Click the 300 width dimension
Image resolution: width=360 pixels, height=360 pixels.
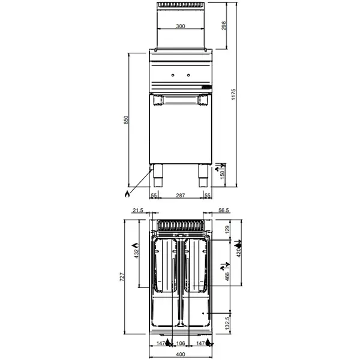(180, 26)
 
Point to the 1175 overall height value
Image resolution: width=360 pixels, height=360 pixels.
(235, 94)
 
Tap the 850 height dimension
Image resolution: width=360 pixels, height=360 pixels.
(126, 119)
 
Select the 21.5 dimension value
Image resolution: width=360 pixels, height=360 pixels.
(137, 210)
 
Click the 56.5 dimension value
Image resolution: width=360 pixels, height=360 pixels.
(224, 210)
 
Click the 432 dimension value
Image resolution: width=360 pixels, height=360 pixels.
(136, 255)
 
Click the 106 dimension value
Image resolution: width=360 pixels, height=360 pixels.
(180, 344)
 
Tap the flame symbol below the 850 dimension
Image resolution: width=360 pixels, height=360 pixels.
(127, 193)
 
